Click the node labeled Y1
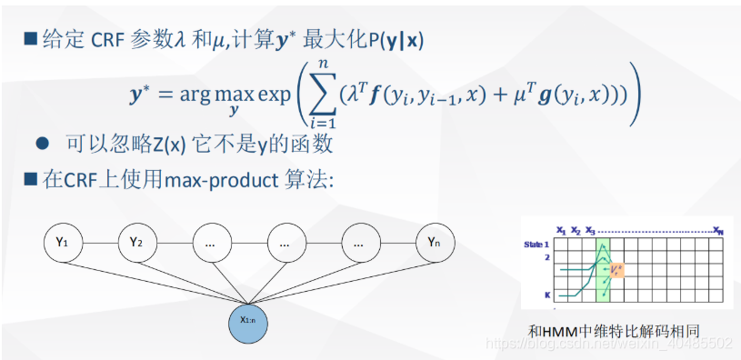click(x=62, y=243)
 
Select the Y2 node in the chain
click(x=136, y=243)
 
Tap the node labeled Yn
click(x=434, y=243)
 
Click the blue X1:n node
click(x=247, y=319)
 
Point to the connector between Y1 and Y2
click(x=99, y=243)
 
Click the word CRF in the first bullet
click(x=110, y=39)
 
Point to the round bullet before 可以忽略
click(x=41, y=144)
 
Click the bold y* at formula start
click(x=144, y=95)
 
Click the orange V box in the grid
click(x=616, y=270)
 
